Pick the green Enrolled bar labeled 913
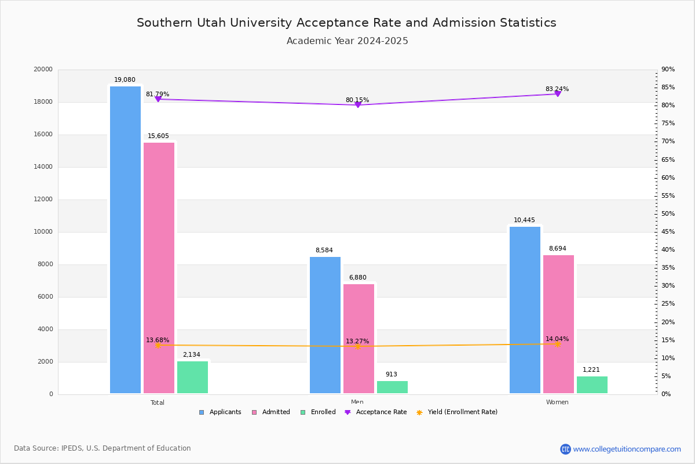[x=392, y=387]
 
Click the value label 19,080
[x=125, y=80]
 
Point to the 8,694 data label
[x=558, y=249]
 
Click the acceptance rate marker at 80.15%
[x=358, y=105]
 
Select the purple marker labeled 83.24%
[x=558, y=93]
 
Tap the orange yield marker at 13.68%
[x=158, y=345]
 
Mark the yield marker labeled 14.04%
[x=558, y=344]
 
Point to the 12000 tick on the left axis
[x=43, y=200]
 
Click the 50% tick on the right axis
[x=668, y=214]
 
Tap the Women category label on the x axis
[x=557, y=403]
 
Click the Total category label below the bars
[x=158, y=403]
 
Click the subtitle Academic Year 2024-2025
[x=348, y=41]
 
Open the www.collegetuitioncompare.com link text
[x=627, y=449]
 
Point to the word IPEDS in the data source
[x=72, y=448]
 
